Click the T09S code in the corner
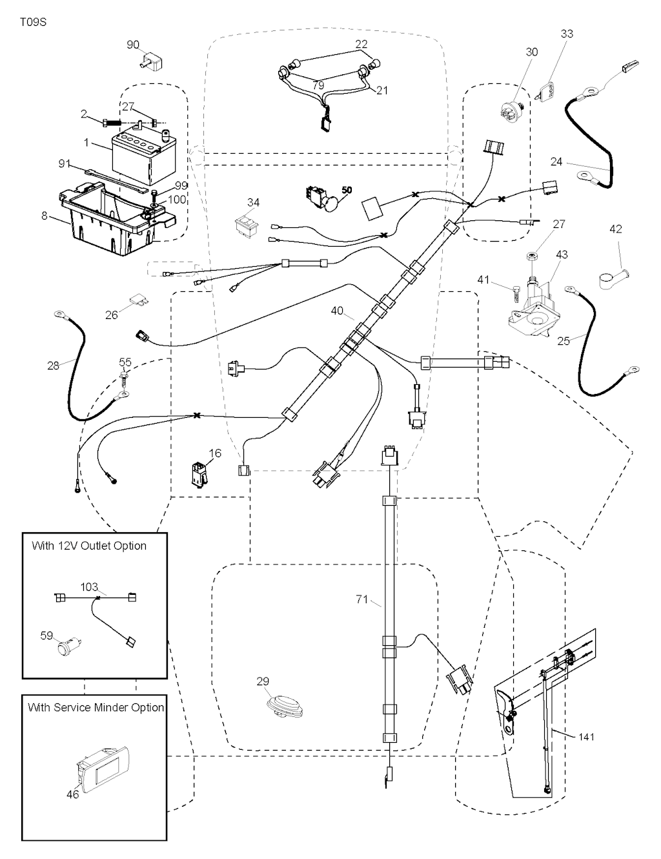[x=33, y=22]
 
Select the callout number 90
[x=133, y=45]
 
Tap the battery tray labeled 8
[x=110, y=220]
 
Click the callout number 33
[x=566, y=34]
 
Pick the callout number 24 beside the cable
[x=556, y=161]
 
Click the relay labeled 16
[x=198, y=473]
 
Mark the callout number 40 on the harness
[x=337, y=311]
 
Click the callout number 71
[x=361, y=599]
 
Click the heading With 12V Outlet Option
[x=89, y=546]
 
